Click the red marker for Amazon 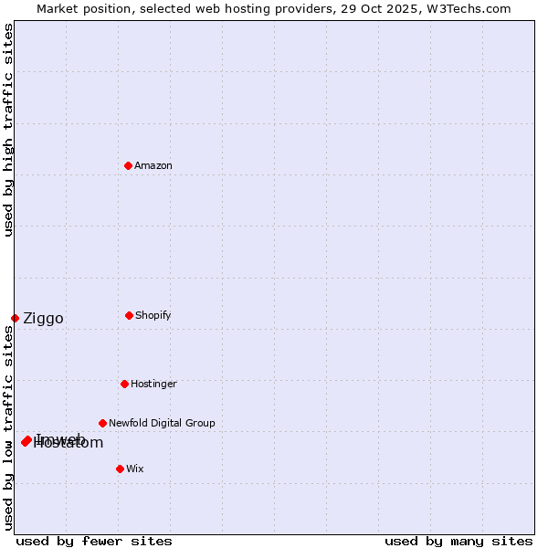128,165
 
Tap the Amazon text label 153,165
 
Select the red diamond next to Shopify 129,315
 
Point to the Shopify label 153,315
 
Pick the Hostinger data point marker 124,384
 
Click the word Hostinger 153,384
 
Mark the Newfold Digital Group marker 102,423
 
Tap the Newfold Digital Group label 162,423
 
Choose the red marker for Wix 120,469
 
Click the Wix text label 135,469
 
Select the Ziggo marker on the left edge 15,318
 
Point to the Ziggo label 43,318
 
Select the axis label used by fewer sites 94,541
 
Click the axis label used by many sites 458,541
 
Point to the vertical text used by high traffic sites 8,130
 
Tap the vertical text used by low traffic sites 8,427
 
